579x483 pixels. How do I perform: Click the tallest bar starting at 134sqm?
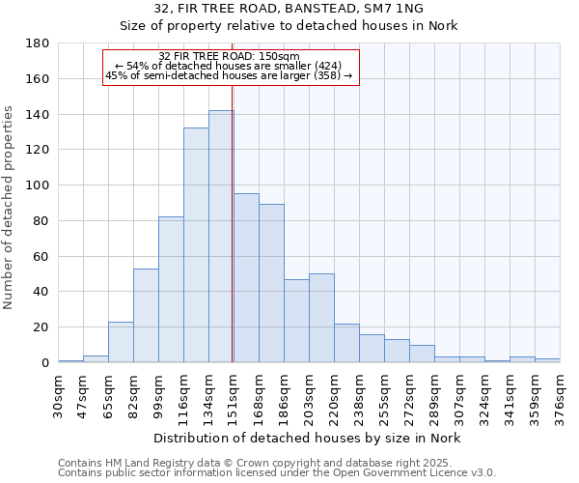point(221,237)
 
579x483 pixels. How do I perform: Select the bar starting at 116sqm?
point(196,245)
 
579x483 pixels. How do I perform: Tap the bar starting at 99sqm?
point(171,290)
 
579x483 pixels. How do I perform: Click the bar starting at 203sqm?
point(321,318)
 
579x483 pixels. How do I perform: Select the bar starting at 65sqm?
point(121,342)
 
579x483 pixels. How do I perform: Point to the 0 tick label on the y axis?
point(43,363)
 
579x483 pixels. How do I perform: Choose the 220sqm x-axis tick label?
point(335,394)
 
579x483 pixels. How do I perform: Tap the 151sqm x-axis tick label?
point(234,394)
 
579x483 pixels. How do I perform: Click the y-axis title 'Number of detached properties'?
point(9,221)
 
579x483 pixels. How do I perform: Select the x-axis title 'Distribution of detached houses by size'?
point(308,439)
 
